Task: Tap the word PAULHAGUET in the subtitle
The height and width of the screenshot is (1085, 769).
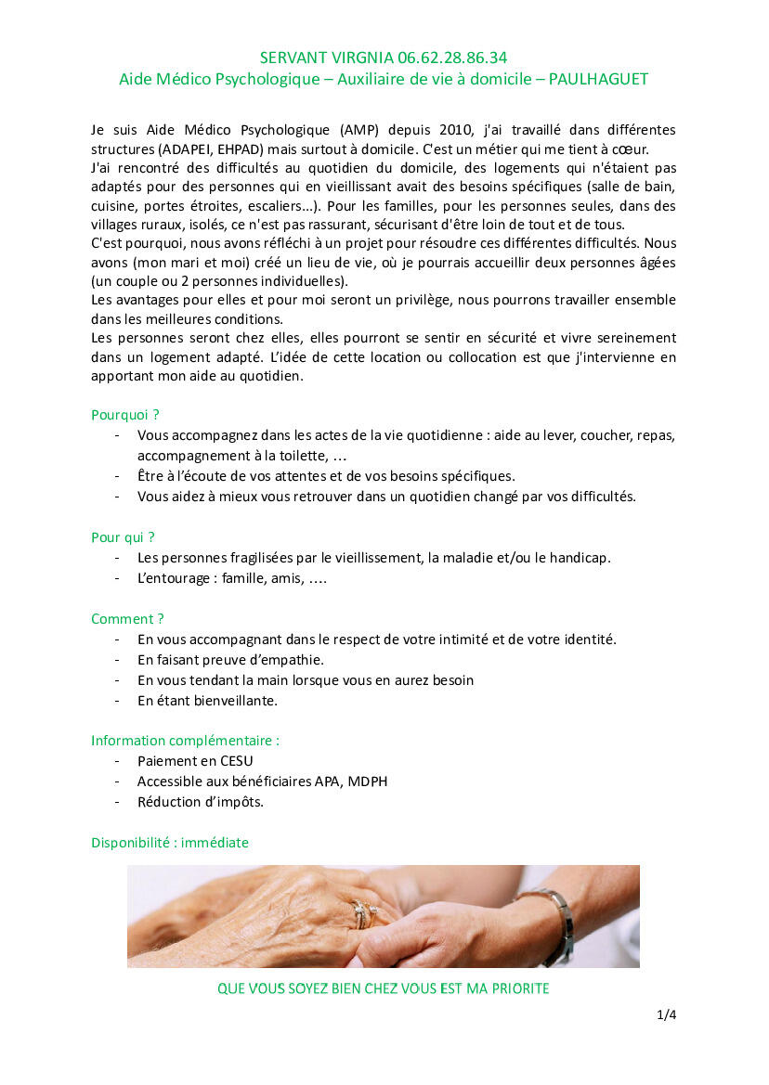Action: pos(598,80)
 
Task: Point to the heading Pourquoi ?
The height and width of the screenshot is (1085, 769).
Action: pos(125,415)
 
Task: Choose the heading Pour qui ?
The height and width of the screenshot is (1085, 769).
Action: pos(123,536)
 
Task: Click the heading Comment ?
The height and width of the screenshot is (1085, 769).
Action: pos(127,618)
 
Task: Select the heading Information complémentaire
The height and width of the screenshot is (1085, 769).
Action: pos(185,740)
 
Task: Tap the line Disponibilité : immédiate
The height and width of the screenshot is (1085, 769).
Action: pos(170,843)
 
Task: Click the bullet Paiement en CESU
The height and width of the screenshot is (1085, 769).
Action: pos(195,761)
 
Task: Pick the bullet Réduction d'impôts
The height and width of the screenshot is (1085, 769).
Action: pos(201,802)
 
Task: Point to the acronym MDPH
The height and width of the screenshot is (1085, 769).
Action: pos(368,781)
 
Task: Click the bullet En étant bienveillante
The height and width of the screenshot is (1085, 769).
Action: pos(207,701)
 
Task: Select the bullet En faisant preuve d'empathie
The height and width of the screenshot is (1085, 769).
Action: pos(230,660)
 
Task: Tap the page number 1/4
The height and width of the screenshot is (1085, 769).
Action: pos(666,1015)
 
